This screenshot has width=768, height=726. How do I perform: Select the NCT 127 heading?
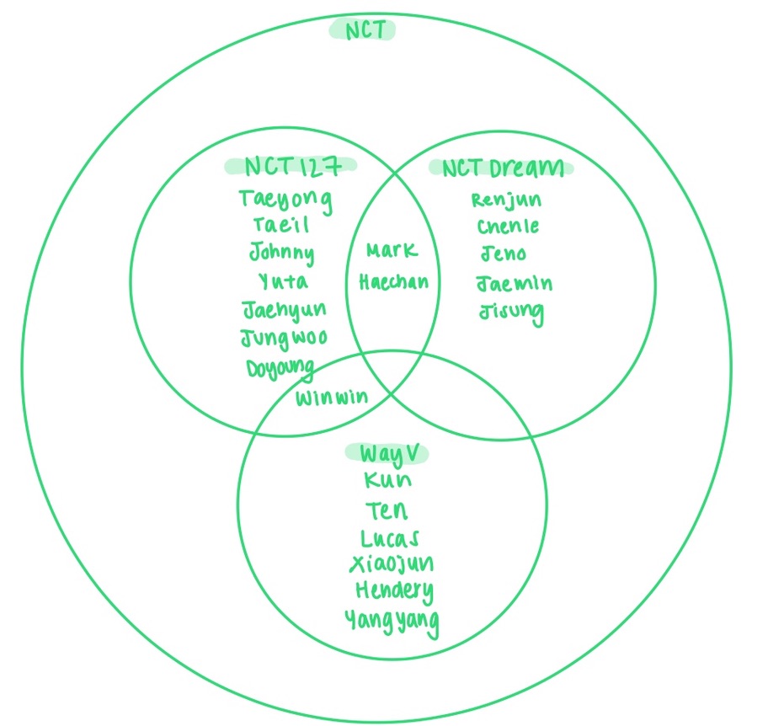point(291,166)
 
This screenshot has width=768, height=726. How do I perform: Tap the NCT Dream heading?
point(503,168)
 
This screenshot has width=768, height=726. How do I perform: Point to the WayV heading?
point(387,453)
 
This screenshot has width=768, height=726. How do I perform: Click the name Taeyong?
point(285,200)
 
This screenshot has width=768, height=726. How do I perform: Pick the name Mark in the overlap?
point(392,251)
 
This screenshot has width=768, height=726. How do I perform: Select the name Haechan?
point(393,282)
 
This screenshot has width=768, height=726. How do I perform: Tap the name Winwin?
point(331,397)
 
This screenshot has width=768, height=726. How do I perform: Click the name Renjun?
point(506,200)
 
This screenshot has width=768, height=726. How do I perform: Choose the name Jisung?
point(511,312)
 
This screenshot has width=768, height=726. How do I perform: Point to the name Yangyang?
point(392,622)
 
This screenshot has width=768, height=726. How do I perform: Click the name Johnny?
point(281,253)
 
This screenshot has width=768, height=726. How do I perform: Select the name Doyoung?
point(280,368)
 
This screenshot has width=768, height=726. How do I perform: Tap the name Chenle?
point(508,227)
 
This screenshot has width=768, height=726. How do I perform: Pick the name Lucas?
point(390,537)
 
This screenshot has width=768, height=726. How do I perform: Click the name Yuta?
point(283,280)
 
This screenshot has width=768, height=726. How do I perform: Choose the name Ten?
point(387,510)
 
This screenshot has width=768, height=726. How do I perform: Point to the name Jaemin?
point(514,283)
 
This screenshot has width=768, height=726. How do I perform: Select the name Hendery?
point(393,590)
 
